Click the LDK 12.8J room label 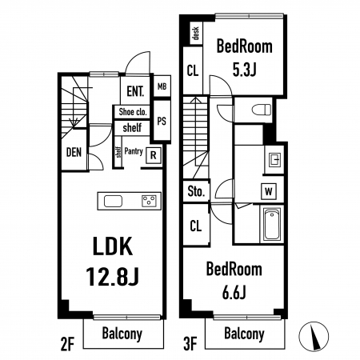pos(113,261)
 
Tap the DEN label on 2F pos(74,152)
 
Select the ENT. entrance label pos(135,91)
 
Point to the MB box pos(162,86)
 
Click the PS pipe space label pos(162,121)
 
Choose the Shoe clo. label pos(133,112)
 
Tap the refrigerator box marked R pos(154,155)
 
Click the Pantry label pos(134,152)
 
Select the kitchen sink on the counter pos(113,201)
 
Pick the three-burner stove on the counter pos(149,201)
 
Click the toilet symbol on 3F pos(262,110)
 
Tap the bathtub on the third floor pos(272,224)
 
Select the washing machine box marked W pos(269,191)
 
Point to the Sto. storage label pos(196,192)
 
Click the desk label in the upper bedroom pos(196,33)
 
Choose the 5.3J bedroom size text pos(244,70)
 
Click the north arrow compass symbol pos(314,336)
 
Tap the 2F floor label pos(67,344)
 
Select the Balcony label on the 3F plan pos(244,334)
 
